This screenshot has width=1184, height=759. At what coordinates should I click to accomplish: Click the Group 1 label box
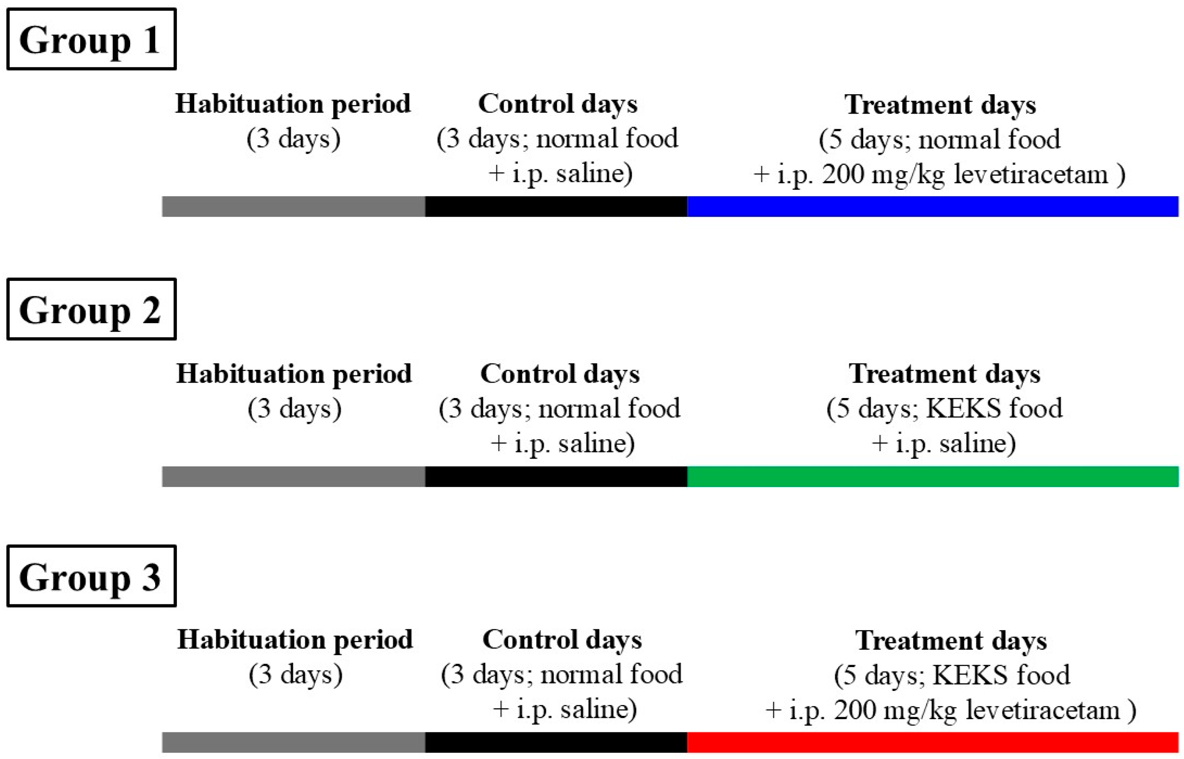(x=91, y=39)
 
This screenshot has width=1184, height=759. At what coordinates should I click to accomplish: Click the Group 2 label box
(x=91, y=309)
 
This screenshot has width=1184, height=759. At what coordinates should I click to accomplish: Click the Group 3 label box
(x=91, y=576)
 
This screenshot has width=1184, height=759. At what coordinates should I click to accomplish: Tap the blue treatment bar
(x=933, y=206)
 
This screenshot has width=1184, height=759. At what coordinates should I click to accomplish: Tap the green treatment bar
(x=933, y=477)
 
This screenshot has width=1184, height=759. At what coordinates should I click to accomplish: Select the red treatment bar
(x=933, y=742)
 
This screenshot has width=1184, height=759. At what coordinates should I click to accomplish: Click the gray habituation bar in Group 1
(x=293, y=206)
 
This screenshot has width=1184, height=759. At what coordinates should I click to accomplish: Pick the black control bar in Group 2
(x=556, y=477)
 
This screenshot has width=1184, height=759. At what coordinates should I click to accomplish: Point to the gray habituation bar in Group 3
(x=293, y=742)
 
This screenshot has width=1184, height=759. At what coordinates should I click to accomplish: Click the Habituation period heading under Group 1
(x=293, y=104)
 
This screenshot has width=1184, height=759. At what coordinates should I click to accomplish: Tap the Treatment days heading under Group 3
(x=951, y=641)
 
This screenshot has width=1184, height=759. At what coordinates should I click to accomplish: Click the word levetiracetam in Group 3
(x=1042, y=710)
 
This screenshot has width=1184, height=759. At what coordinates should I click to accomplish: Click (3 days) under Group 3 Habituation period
(x=295, y=675)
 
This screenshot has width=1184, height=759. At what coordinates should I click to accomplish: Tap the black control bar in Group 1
(x=556, y=206)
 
